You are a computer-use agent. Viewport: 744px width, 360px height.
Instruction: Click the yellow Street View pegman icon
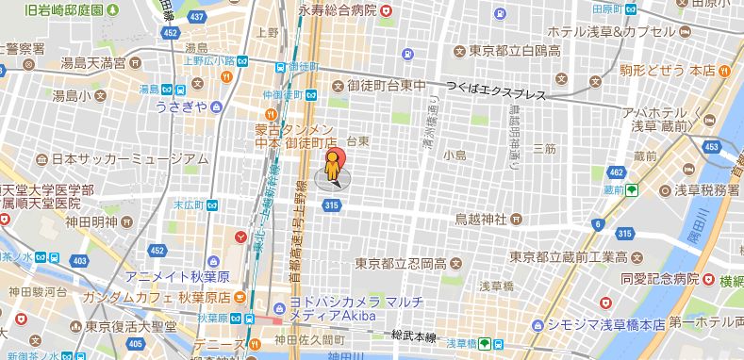[x=331, y=168]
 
